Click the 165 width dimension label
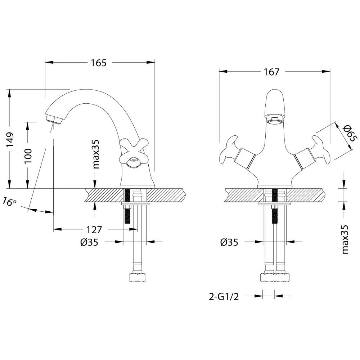tap(99, 63)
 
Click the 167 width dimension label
tap(271, 72)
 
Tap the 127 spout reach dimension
tap(95, 230)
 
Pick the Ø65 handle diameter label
tap(348, 133)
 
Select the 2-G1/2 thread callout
tap(224, 297)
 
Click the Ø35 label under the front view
tap(229, 242)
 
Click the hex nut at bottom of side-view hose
tap(138, 278)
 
